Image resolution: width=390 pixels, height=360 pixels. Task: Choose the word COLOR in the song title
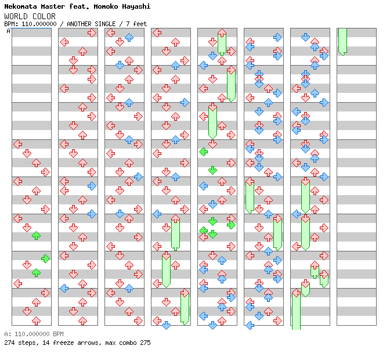tap(44, 16)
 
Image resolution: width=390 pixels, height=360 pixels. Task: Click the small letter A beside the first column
tap(8, 31)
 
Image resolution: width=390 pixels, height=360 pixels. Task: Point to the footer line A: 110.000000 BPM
tap(34, 334)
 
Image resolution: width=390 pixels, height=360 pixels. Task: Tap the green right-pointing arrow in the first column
tap(45, 258)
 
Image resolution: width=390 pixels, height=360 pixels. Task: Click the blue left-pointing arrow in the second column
tap(64, 288)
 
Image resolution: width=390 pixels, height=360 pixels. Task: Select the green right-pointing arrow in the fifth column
tap(231, 225)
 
